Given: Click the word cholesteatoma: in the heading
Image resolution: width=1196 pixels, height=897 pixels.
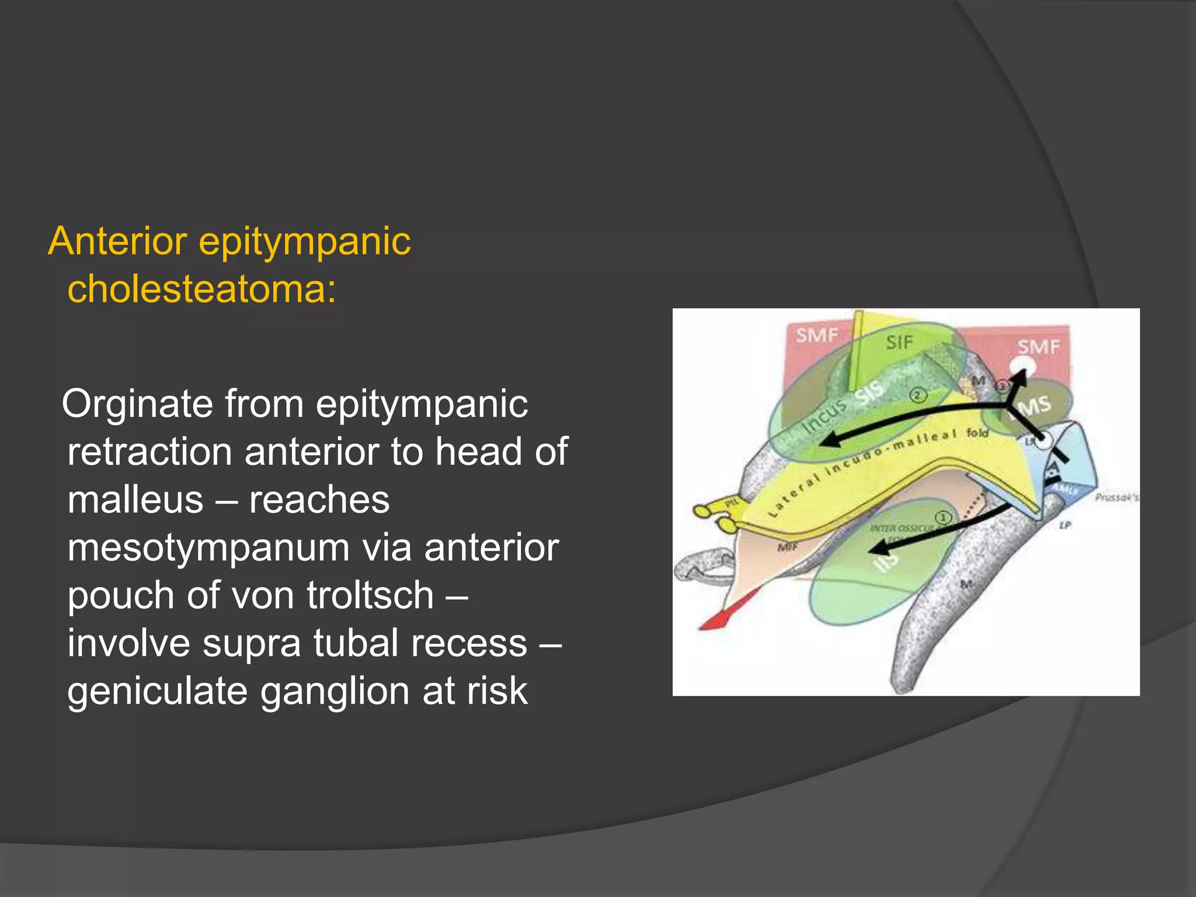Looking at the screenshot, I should pyautogui.click(x=201, y=289).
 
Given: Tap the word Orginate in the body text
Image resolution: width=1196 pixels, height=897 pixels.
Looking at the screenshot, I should pyautogui.click(x=137, y=404).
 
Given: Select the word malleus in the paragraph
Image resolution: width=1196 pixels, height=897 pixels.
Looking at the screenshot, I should pyautogui.click(x=135, y=500).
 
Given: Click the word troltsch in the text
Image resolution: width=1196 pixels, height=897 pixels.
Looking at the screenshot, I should pyautogui.click(x=370, y=596).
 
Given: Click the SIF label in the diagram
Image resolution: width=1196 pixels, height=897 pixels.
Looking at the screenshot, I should pyautogui.click(x=899, y=342).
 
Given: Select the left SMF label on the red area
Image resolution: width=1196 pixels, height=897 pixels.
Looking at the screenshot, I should pyautogui.click(x=816, y=336).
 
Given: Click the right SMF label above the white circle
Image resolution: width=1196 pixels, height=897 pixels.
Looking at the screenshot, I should pyautogui.click(x=1039, y=347).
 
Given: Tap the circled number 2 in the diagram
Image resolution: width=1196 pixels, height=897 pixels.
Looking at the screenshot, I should pyautogui.click(x=918, y=395).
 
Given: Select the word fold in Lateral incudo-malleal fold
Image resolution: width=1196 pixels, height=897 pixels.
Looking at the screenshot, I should pyautogui.click(x=977, y=433).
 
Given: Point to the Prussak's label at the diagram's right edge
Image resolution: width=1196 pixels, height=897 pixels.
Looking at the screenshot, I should pyautogui.click(x=1117, y=498).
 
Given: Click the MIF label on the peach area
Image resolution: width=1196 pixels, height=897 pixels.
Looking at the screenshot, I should pyautogui.click(x=788, y=547).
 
